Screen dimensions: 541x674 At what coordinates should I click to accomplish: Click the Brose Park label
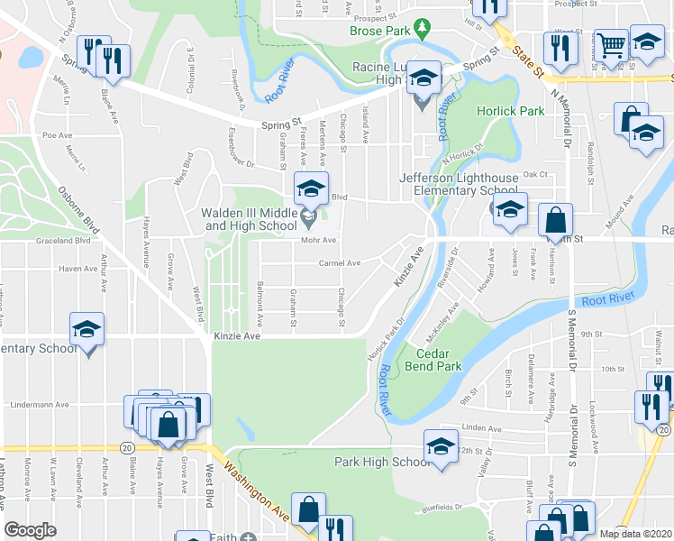tap(380, 32)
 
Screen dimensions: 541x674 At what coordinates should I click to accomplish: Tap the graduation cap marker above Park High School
tap(441, 447)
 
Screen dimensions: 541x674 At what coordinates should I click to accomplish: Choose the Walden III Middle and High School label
tap(249, 219)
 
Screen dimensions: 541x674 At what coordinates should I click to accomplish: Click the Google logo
tap(30, 529)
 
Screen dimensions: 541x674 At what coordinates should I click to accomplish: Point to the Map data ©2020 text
tap(637, 534)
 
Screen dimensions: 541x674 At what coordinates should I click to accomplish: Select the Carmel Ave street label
tap(339, 263)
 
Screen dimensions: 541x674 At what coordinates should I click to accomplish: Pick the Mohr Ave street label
tap(319, 241)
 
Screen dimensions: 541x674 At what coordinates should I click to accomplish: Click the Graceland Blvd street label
tap(63, 241)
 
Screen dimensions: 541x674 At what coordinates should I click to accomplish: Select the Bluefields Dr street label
tap(452, 507)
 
